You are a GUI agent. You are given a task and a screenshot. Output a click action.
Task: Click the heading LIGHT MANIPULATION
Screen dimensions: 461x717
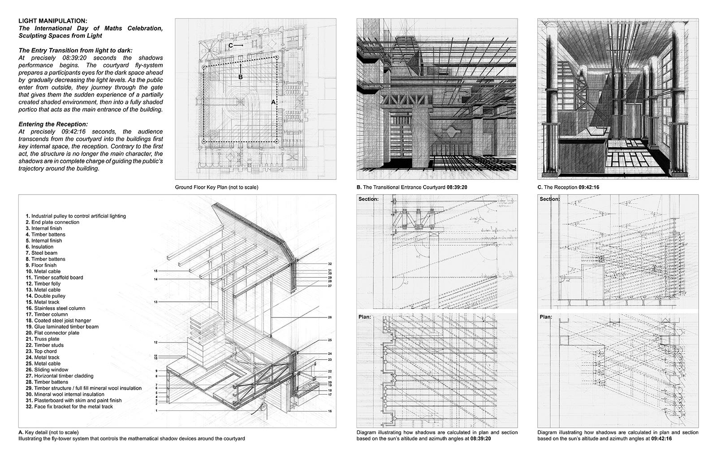53,21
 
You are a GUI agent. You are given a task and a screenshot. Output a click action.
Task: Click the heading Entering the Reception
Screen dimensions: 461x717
53,124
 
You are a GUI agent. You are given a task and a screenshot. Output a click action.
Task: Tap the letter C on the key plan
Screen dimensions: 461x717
230,45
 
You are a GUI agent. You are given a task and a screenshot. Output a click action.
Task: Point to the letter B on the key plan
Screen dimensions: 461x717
241,77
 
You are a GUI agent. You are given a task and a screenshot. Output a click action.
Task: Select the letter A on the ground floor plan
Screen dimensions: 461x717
273,102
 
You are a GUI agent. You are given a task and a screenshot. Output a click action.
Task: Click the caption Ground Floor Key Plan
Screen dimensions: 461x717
216,187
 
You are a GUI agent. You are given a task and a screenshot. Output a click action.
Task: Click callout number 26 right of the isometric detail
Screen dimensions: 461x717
329,317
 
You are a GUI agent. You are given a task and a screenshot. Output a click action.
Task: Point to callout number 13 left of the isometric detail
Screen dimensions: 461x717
155,302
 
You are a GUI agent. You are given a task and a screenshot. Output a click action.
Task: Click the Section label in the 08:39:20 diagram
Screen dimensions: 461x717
369,199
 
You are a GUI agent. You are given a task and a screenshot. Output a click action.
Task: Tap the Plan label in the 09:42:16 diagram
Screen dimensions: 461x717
546,317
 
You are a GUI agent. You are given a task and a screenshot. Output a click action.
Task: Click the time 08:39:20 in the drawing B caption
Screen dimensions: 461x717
457,187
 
